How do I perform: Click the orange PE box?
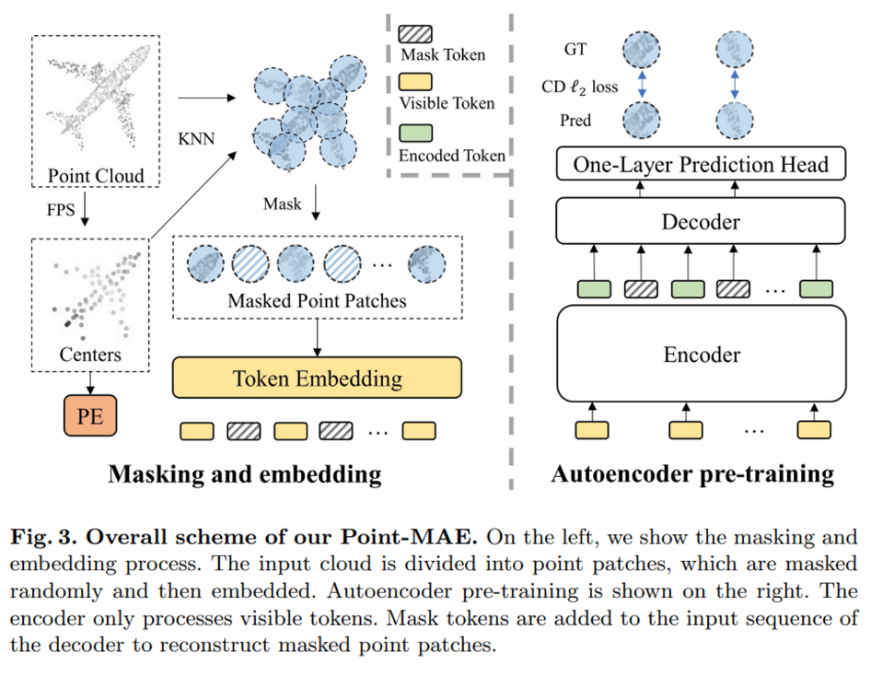tap(90, 416)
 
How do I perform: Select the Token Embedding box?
tap(317, 379)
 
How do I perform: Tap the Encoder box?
tap(702, 355)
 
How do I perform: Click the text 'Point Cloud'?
tap(96, 176)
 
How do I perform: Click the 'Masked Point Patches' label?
tap(317, 300)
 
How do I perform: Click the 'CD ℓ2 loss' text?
tap(580, 87)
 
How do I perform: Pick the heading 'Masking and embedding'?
tap(245, 474)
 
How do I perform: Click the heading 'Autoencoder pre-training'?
tap(691, 474)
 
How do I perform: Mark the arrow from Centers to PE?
tap(90, 382)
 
